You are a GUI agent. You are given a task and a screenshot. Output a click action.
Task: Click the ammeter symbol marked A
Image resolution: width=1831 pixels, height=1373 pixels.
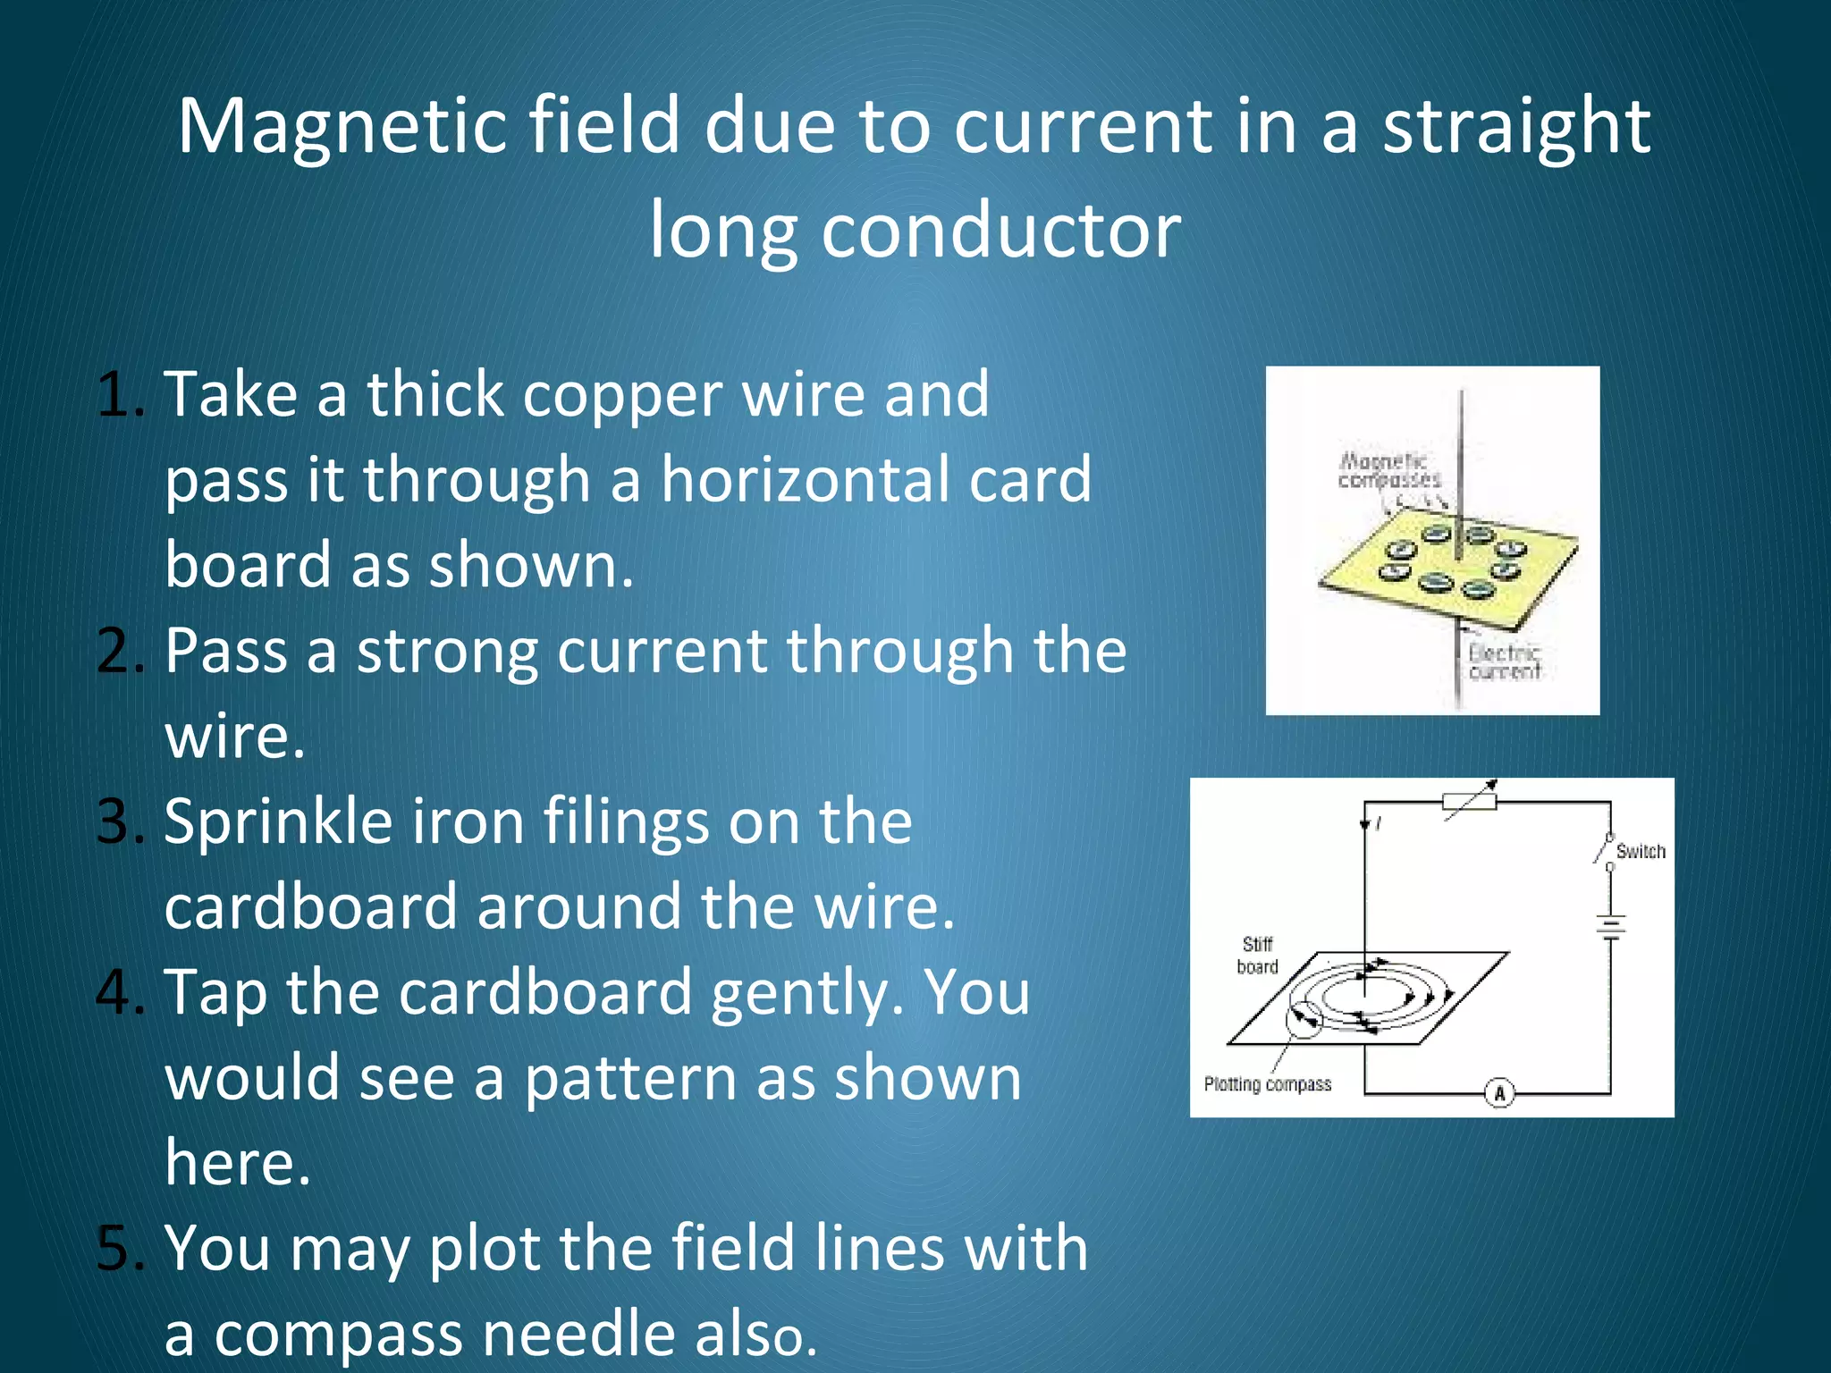coord(1499,1092)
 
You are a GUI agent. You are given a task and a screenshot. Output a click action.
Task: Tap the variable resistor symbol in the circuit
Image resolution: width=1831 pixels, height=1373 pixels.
coord(1470,801)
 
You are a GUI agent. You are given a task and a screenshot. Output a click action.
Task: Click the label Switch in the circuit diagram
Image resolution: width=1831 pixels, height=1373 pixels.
coord(1641,851)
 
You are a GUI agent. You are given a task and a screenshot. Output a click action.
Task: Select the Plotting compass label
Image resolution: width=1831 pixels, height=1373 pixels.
coord(1267,1084)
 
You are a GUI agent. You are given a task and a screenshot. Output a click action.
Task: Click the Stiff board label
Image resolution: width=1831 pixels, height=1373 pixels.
coord(1257,956)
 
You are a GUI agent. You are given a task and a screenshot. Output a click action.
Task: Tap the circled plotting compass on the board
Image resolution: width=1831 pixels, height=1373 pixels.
coord(1304,1019)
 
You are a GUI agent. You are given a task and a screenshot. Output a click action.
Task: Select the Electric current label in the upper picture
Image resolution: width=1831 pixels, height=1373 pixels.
coord(1505,662)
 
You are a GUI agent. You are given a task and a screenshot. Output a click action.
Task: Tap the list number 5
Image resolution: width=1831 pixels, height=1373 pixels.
coord(118,1248)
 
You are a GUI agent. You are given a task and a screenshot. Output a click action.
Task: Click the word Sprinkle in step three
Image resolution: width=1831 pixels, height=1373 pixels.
coord(278,822)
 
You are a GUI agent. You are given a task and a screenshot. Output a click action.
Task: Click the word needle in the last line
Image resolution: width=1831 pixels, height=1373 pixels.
coord(578,1333)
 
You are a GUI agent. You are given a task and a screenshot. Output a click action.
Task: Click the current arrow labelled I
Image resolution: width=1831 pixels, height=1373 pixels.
coord(1366,823)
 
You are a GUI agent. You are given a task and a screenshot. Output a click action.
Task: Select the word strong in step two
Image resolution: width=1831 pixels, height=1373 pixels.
coord(446,650)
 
